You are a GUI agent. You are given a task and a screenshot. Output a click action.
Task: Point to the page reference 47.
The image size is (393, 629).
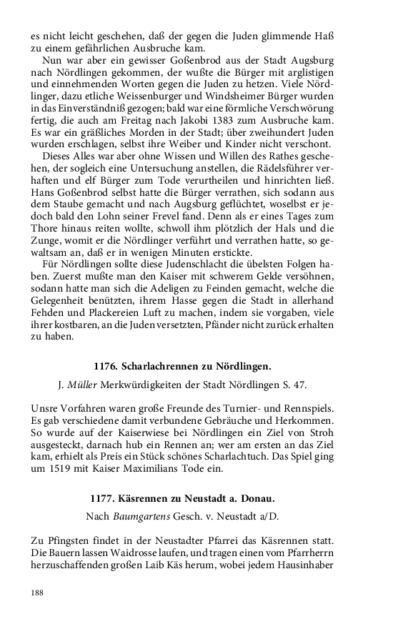tap(299, 385)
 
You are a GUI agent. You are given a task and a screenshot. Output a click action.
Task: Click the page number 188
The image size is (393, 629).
tap(38, 593)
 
